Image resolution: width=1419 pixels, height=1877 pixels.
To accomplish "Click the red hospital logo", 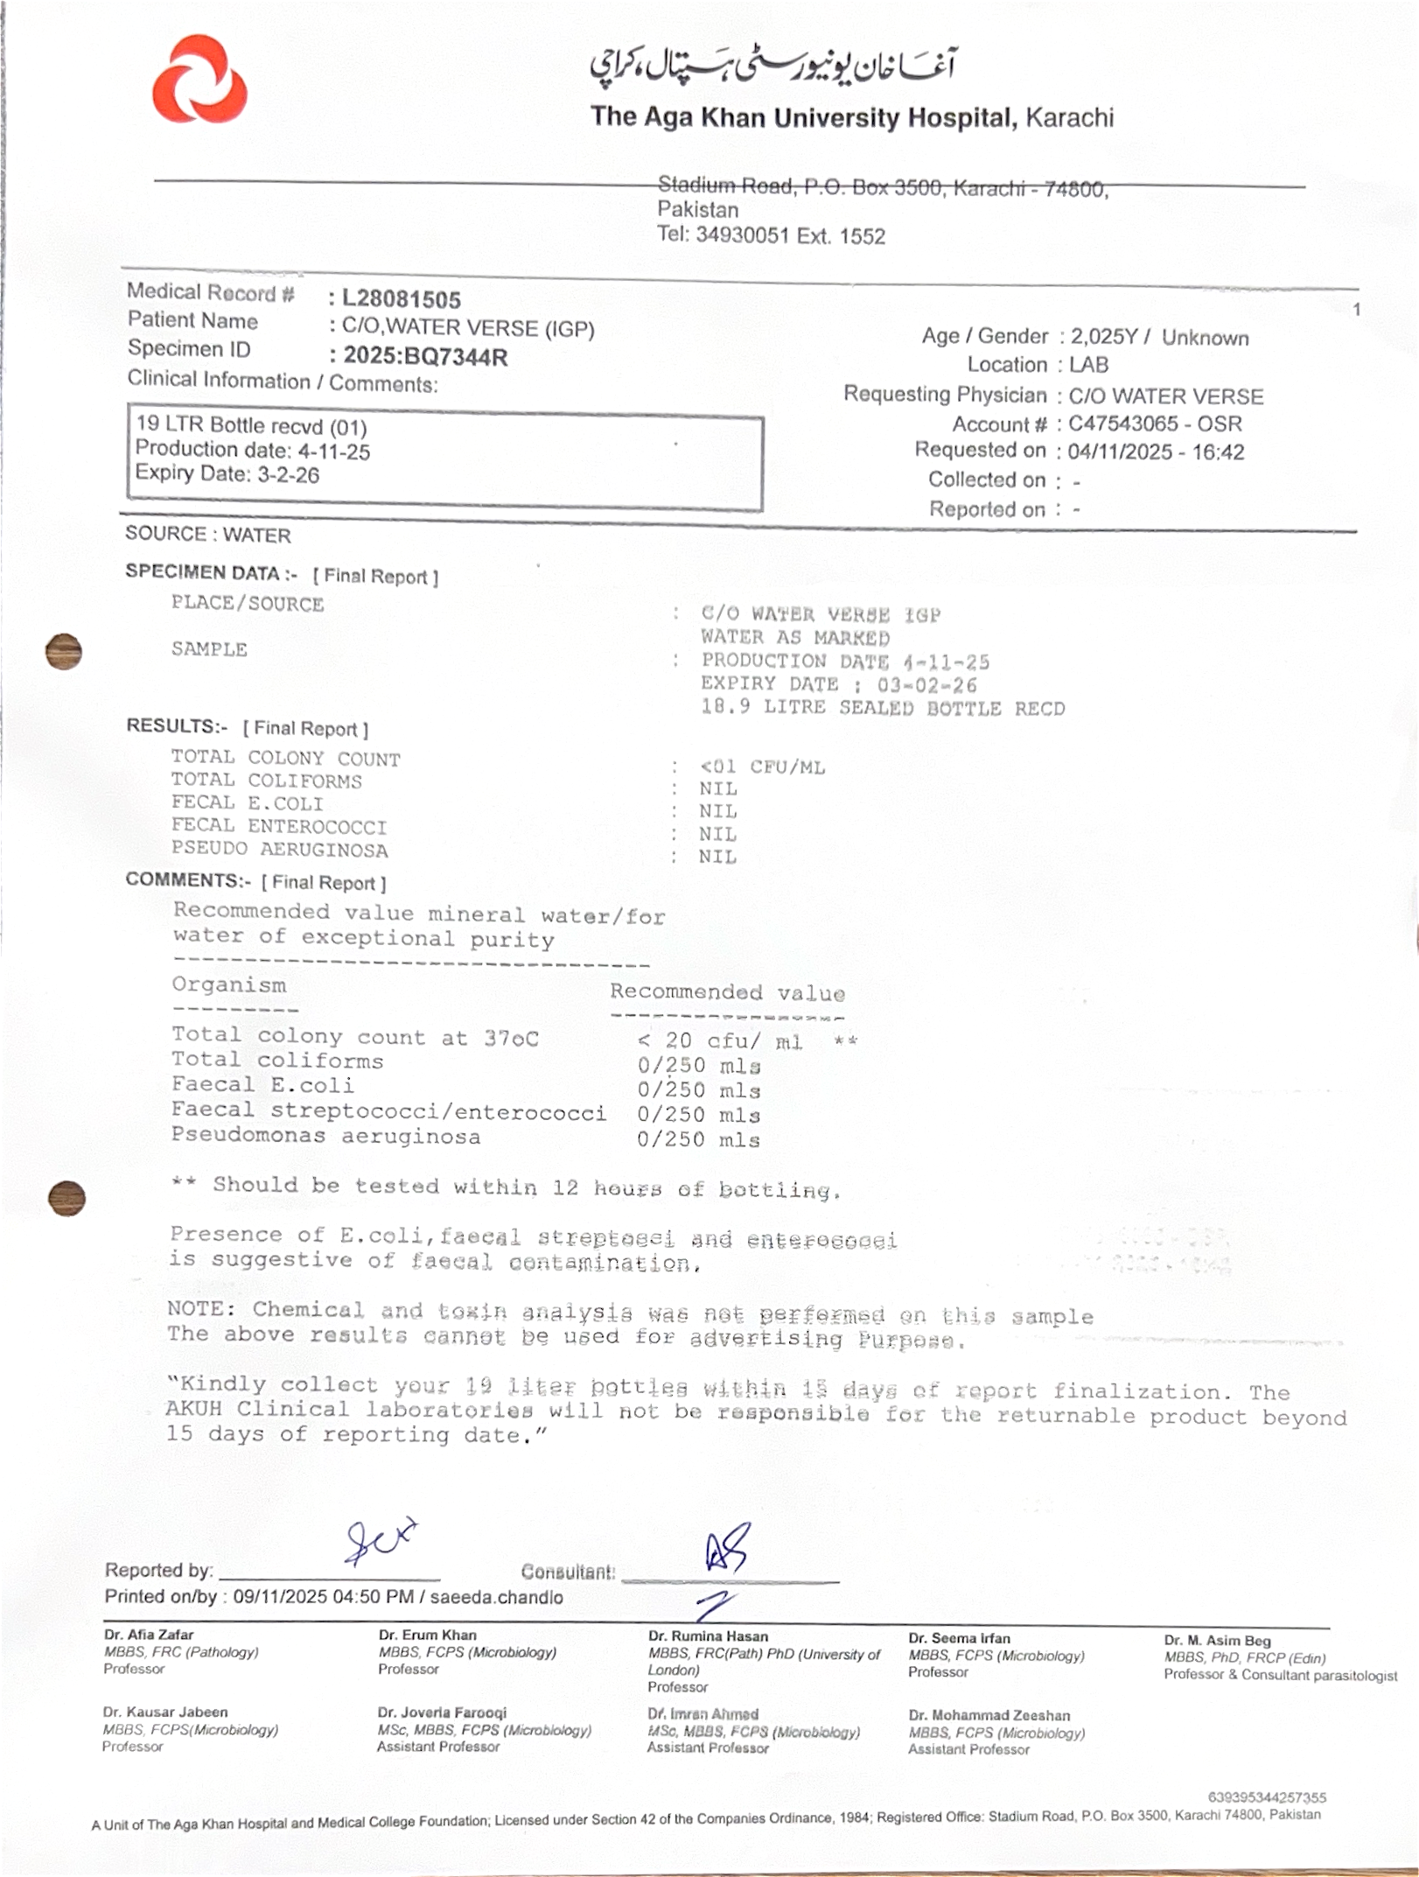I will (199, 80).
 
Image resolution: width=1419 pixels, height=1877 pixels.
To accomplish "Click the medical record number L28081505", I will (401, 299).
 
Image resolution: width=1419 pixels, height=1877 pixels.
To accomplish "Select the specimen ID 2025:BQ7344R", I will (425, 356).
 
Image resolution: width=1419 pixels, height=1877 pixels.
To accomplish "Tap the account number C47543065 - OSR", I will (1155, 424).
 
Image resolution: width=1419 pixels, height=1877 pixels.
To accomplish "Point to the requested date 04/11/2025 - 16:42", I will (1156, 452).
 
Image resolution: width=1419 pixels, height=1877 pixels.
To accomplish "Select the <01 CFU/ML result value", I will (762, 767).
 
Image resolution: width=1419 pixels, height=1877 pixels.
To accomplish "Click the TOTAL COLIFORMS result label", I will (266, 780).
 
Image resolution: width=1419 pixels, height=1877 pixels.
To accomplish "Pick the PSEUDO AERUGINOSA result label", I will (279, 849).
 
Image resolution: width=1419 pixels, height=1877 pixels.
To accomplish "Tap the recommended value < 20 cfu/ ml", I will (720, 1040).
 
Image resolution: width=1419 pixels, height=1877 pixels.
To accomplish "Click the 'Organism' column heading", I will (229, 984).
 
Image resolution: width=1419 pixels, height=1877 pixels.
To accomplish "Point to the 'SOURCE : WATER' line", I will (208, 534).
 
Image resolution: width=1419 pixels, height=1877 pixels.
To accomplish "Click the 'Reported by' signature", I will (380, 1543).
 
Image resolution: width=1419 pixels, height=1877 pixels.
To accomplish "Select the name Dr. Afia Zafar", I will (149, 1634).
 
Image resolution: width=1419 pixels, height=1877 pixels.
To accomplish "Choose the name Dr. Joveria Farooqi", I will (442, 1712).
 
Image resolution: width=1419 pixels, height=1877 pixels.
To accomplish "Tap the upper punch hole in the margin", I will (64, 651).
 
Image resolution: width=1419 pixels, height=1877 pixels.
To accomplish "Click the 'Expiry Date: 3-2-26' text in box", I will (227, 474).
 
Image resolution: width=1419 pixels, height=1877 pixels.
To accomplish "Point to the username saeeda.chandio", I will (496, 1597).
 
